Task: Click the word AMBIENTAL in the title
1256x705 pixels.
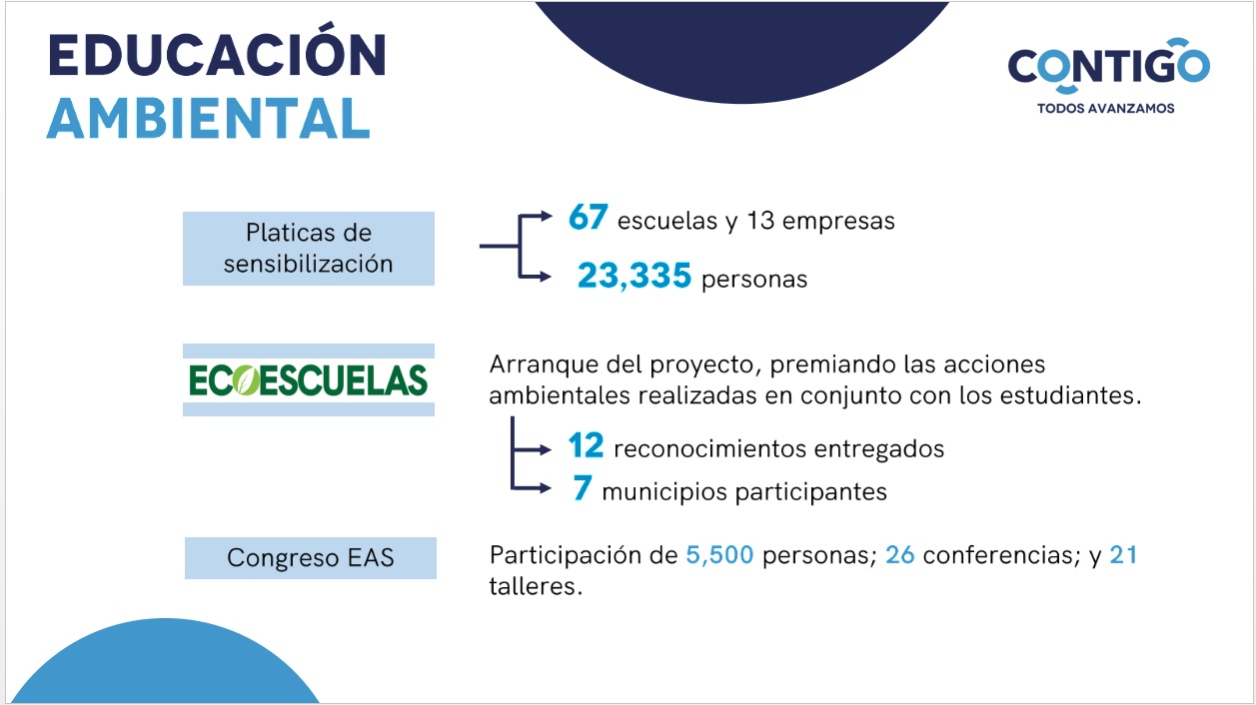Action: pos(208,118)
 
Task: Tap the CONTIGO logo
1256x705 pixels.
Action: pos(1108,66)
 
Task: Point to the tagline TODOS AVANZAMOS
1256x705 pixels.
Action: pos(1105,108)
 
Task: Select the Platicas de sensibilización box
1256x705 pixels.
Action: pos(309,249)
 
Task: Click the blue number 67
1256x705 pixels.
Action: pos(588,217)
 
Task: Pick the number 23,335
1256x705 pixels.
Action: pos(634,276)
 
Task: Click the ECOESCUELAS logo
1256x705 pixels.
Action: pos(308,379)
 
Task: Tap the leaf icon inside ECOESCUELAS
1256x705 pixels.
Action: pos(246,380)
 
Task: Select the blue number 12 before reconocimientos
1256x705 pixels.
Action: pos(586,445)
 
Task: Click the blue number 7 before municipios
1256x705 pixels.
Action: pos(582,487)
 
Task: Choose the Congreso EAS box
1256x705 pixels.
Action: pos(311,557)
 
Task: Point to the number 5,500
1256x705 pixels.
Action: pos(719,555)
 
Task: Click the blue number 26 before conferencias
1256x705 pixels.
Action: pos(899,555)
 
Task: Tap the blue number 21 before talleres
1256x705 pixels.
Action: pos(1123,555)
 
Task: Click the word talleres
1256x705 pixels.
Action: pos(536,586)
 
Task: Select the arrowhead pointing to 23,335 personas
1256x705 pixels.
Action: pos(545,277)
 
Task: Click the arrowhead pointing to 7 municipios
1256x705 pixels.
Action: pos(545,488)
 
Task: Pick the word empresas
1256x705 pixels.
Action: pos(838,222)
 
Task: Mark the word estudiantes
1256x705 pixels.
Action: pos(1070,395)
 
